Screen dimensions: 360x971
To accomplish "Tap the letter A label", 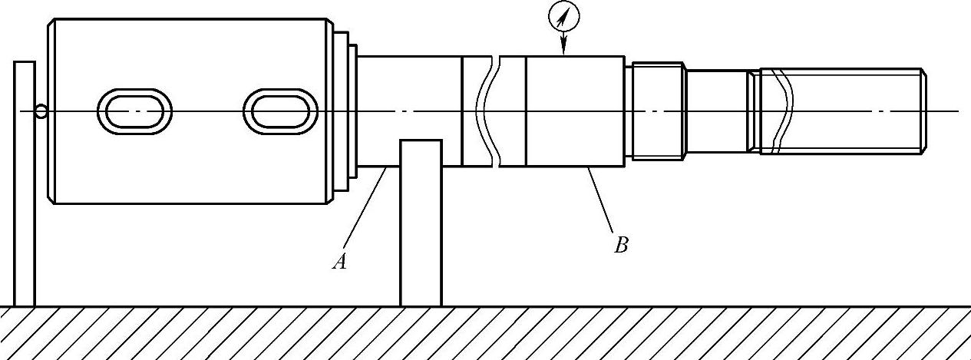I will (x=340, y=263).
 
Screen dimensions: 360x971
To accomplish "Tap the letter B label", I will (x=622, y=246).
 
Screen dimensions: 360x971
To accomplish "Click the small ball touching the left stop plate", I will (x=41, y=112).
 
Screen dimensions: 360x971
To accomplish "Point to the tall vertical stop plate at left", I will (x=25, y=184).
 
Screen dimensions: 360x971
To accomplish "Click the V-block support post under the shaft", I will (x=421, y=223).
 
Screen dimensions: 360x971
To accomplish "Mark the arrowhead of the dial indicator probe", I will (x=564, y=50).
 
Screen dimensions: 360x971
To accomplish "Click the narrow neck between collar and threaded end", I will (x=715, y=111).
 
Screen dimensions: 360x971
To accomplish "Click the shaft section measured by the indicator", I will (x=574, y=111).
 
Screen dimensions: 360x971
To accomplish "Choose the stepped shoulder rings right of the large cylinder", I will (x=345, y=111).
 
